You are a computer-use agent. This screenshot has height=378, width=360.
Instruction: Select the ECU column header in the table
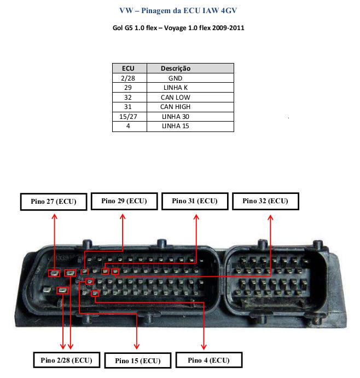(129, 68)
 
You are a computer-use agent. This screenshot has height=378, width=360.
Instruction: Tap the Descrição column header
(175, 68)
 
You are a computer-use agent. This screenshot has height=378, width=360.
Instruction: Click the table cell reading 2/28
(129, 78)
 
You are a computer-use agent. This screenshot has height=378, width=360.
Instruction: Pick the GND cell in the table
(175, 78)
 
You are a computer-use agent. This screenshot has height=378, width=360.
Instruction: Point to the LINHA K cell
(175, 88)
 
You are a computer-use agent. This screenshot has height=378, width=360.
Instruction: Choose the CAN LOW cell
(175, 98)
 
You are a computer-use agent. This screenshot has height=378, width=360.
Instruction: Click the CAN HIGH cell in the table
(175, 107)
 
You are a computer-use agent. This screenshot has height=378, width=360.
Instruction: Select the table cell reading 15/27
(129, 117)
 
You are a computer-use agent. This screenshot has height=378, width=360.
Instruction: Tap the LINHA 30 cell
(175, 117)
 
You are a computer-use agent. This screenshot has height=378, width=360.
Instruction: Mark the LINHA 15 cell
(175, 127)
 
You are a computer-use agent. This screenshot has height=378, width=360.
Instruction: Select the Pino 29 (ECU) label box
(124, 201)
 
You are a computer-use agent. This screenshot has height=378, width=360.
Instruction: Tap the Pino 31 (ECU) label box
(195, 201)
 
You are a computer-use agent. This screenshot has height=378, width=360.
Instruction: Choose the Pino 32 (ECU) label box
(265, 201)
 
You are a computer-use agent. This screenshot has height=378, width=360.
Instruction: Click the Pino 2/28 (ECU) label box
(67, 360)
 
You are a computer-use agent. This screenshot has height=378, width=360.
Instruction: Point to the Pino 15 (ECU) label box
(137, 360)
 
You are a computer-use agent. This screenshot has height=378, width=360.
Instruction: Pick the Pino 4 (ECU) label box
(208, 360)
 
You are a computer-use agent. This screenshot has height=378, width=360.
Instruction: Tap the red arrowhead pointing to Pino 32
(270, 217)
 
